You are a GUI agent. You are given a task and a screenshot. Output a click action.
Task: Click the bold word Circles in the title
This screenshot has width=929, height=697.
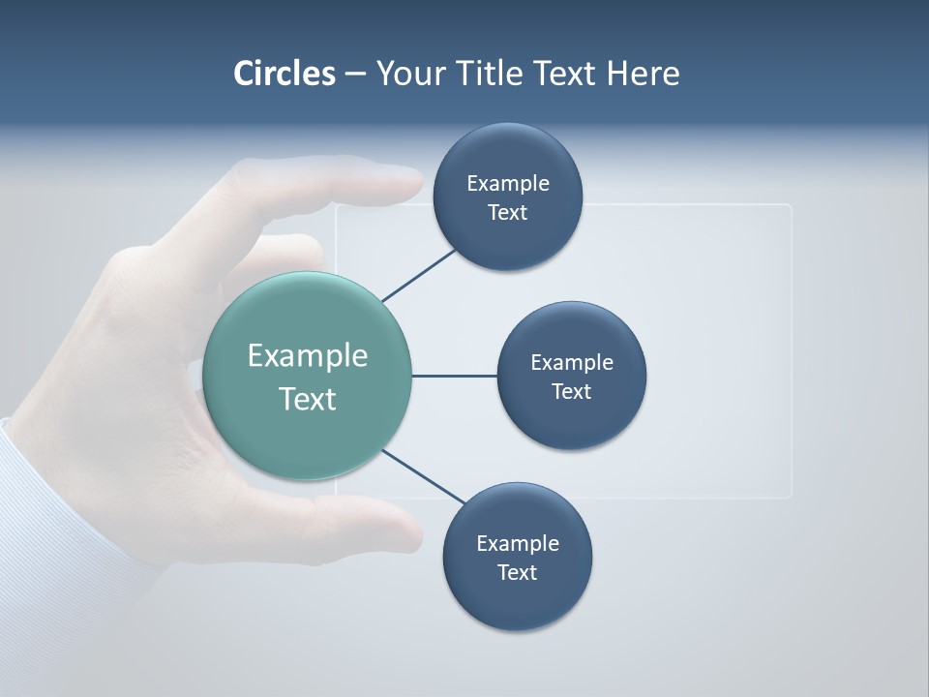pos(285,74)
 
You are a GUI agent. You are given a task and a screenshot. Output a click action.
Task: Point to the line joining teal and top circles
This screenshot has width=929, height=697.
pos(420,275)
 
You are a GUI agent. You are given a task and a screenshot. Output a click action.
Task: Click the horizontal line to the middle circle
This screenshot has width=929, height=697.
pos(455,376)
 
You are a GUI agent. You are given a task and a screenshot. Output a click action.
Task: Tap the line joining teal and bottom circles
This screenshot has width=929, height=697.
pos(424,477)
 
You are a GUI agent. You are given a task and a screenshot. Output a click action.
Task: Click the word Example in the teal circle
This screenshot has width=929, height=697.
pos(308,356)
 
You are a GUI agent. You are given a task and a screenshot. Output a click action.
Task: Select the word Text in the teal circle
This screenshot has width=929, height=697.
pos(308,399)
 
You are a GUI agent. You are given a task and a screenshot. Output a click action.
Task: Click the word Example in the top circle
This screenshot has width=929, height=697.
pos(508,184)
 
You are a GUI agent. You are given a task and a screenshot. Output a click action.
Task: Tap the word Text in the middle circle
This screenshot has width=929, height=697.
pos(572,392)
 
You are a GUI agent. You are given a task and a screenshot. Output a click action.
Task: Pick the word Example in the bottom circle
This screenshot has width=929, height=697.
pos(518,544)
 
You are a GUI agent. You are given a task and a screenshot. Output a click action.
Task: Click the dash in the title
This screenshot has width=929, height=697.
pos(355,74)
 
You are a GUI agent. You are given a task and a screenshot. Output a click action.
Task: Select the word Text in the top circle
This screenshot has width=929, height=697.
pos(508,213)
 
